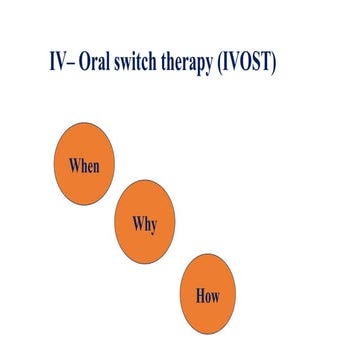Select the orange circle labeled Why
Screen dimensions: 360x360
(x=145, y=223)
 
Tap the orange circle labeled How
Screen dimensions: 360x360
(x=207, y=296)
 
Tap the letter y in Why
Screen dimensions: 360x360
(x=155, y=225)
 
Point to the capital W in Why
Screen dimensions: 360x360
(x=135, y=222)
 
